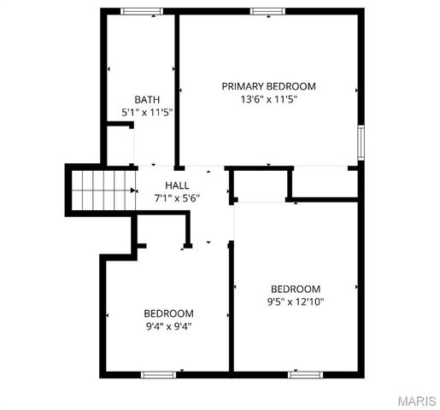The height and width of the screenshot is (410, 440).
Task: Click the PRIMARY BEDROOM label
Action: [x=268, y=86]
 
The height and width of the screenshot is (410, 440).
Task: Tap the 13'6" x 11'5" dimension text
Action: [x=268, y=99]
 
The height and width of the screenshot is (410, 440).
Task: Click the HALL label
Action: [x=177, y=185]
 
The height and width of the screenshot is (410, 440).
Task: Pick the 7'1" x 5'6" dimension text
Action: [x=177, y=198]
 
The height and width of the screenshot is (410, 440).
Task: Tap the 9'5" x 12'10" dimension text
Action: [x=296, y=302]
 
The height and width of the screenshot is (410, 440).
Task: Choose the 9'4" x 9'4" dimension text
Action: [x=168, y=325]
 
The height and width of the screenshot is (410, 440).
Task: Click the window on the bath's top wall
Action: [x=142, y=11]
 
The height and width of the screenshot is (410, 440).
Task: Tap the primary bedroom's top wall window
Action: [x=268, y=11]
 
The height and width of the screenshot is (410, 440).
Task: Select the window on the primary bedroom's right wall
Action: [x=361, y=142]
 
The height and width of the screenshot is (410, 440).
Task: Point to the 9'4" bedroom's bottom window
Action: [x=159, y=374]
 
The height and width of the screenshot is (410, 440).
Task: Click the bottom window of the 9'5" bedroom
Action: [x=305, y=374]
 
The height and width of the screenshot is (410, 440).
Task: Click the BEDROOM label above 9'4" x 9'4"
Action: [x=168, y=313]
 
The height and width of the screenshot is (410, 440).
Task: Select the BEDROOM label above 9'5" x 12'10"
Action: [x=296, y=289]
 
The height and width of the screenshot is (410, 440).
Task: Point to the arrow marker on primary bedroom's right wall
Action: [x=355, y=89]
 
